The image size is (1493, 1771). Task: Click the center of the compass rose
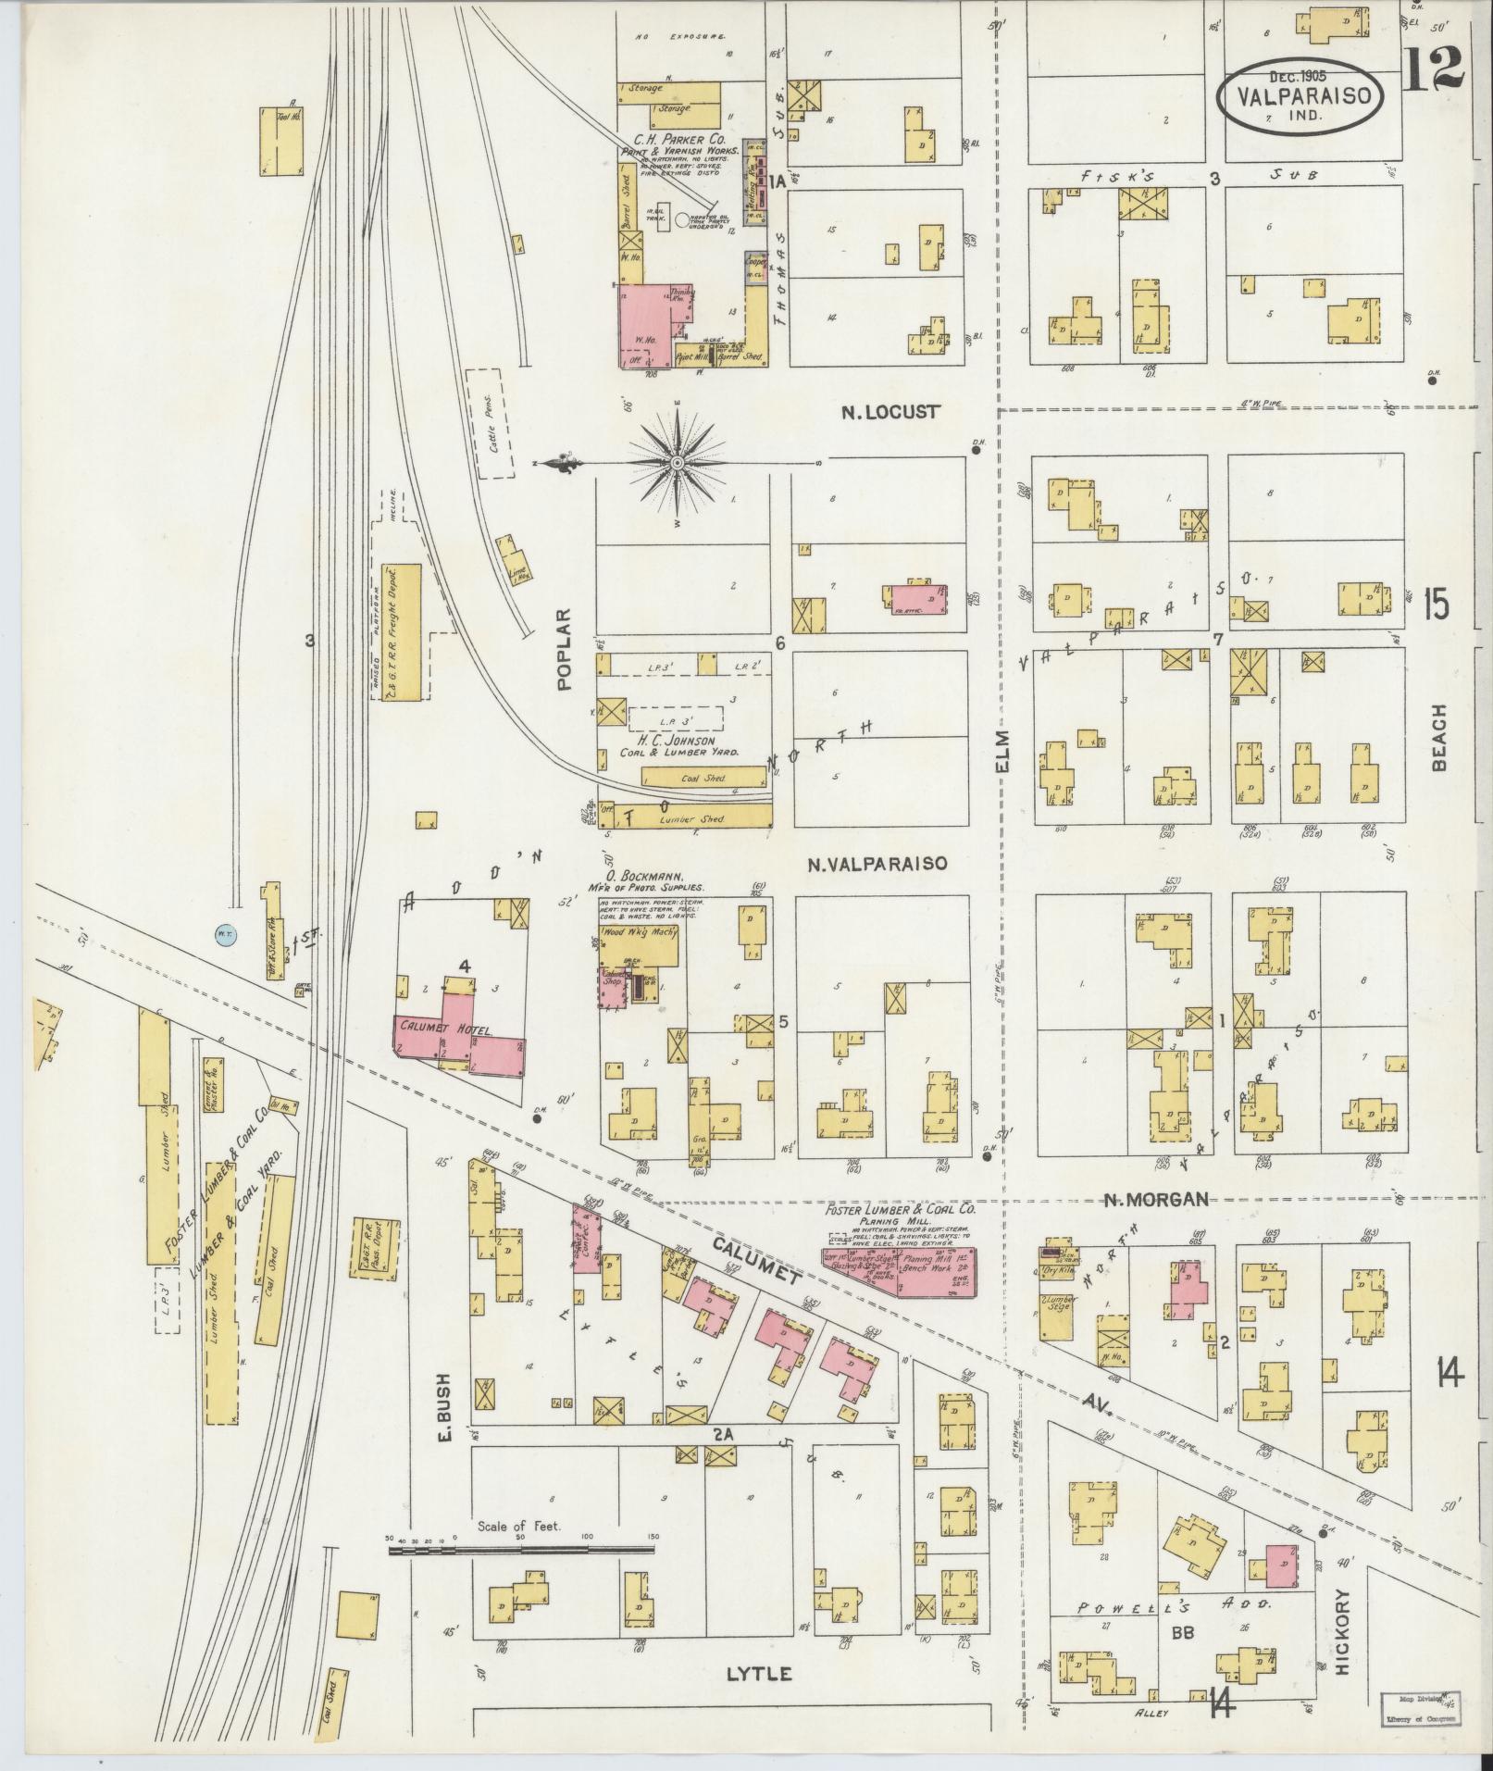coord(677,461)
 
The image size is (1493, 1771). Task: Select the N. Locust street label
coord(890,412)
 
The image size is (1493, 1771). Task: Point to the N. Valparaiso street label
coord(877,864)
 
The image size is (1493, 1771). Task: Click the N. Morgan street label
coord(1155,1199)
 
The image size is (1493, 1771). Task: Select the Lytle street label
coord(758,1673)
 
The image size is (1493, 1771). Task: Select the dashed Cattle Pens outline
coord(491,423)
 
